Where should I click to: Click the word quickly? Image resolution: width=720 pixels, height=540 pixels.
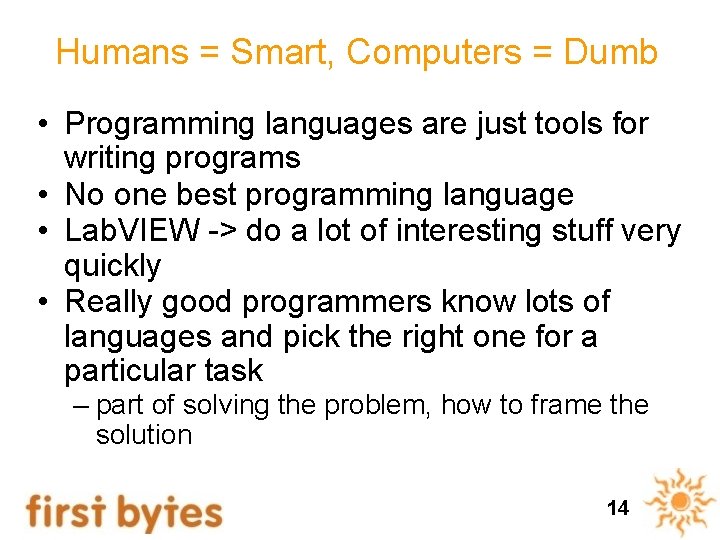tap(112, 266)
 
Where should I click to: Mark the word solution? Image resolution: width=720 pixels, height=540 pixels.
tap(143, 435)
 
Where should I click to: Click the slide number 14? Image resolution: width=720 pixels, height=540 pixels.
tap(617, 508)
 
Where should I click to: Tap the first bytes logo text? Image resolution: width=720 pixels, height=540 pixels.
tap(124, 511)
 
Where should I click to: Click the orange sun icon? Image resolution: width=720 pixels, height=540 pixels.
tap(680, 501)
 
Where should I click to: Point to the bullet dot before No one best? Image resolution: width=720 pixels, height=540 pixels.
tap(39, 194)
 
